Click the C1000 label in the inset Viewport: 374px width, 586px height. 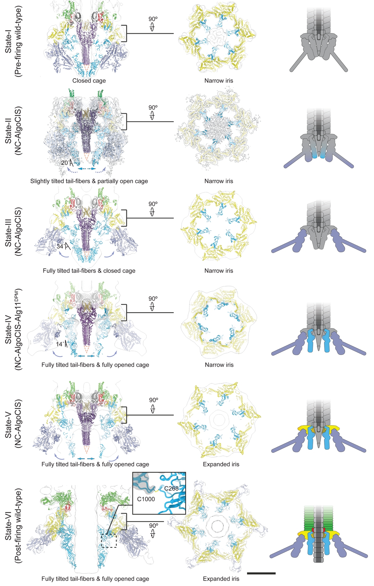pos(146,499)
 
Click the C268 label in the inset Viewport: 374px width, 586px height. pos(171,489)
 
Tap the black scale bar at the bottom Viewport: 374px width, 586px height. pos(261,573)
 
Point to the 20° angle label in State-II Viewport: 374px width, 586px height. pos(65,163)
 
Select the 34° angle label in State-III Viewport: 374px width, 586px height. pos(61,246)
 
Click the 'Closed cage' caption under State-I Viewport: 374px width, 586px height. pos(89,81)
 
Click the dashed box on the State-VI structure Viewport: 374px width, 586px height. pos(109,541)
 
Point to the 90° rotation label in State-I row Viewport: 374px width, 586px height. pos(153,19)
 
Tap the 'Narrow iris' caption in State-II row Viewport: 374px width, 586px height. pos(219,181)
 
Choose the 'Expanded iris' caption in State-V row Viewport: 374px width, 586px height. pos(221,464)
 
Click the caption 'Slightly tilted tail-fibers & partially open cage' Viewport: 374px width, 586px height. pos(89,181)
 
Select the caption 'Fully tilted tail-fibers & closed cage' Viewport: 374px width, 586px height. pos(89,271)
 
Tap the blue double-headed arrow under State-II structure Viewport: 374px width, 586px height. pos(87,169)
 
